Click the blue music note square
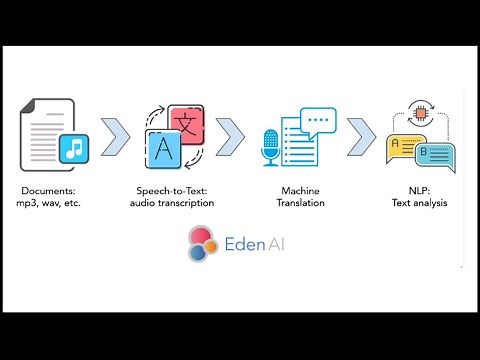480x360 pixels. click(x=75, y=150)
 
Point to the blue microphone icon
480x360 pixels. click(x=270, y=148)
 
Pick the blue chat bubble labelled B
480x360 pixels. click(x=436, y=156)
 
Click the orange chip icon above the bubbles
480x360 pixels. click(x=421, y=113)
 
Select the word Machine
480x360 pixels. click(x=301, y=190)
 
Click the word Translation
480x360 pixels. click(x=301, y=203)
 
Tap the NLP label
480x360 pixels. click(x=420, y=190)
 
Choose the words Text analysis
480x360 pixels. click(x=420, y=203)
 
